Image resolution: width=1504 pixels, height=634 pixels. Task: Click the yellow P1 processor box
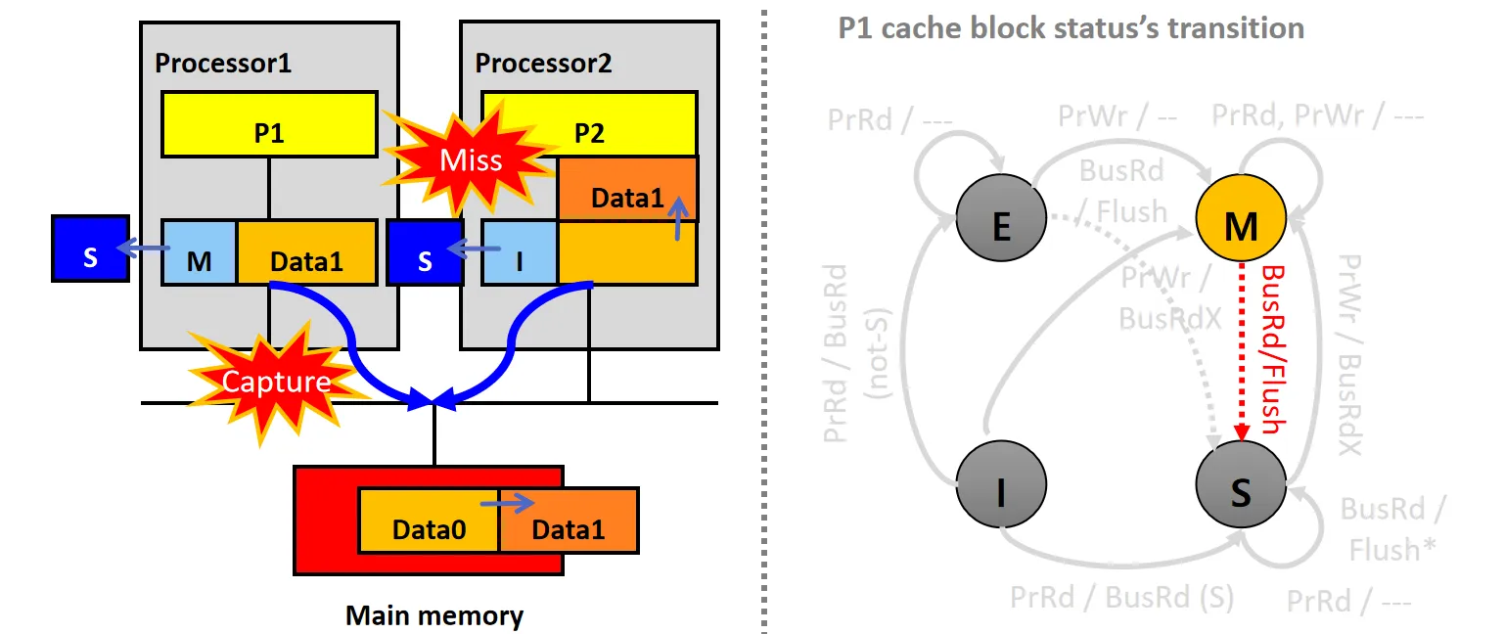tap(269, 124)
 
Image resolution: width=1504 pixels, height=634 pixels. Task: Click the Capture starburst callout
tap(275, 382)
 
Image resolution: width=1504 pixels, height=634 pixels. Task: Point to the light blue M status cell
tap(199, 252)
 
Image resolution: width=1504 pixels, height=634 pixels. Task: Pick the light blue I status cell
tap(520, 252)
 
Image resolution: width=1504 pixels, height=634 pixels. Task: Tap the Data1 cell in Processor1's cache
tap(306, 252)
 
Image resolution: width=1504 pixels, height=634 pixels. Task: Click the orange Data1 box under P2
tap(627, 189)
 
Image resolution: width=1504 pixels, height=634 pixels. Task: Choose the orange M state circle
tap(1241, 226)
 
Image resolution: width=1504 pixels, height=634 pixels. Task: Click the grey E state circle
tap(1001, 226)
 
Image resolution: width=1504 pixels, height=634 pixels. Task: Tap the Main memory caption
tap(434, 615)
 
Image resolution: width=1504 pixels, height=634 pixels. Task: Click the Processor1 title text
tap(224, 64)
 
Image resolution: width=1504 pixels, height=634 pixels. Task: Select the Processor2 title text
tap(543, 64)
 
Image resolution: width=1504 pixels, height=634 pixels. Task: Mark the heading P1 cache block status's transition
tap(1071, 27)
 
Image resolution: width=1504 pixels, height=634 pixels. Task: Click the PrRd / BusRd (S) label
tap(1122, 596)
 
